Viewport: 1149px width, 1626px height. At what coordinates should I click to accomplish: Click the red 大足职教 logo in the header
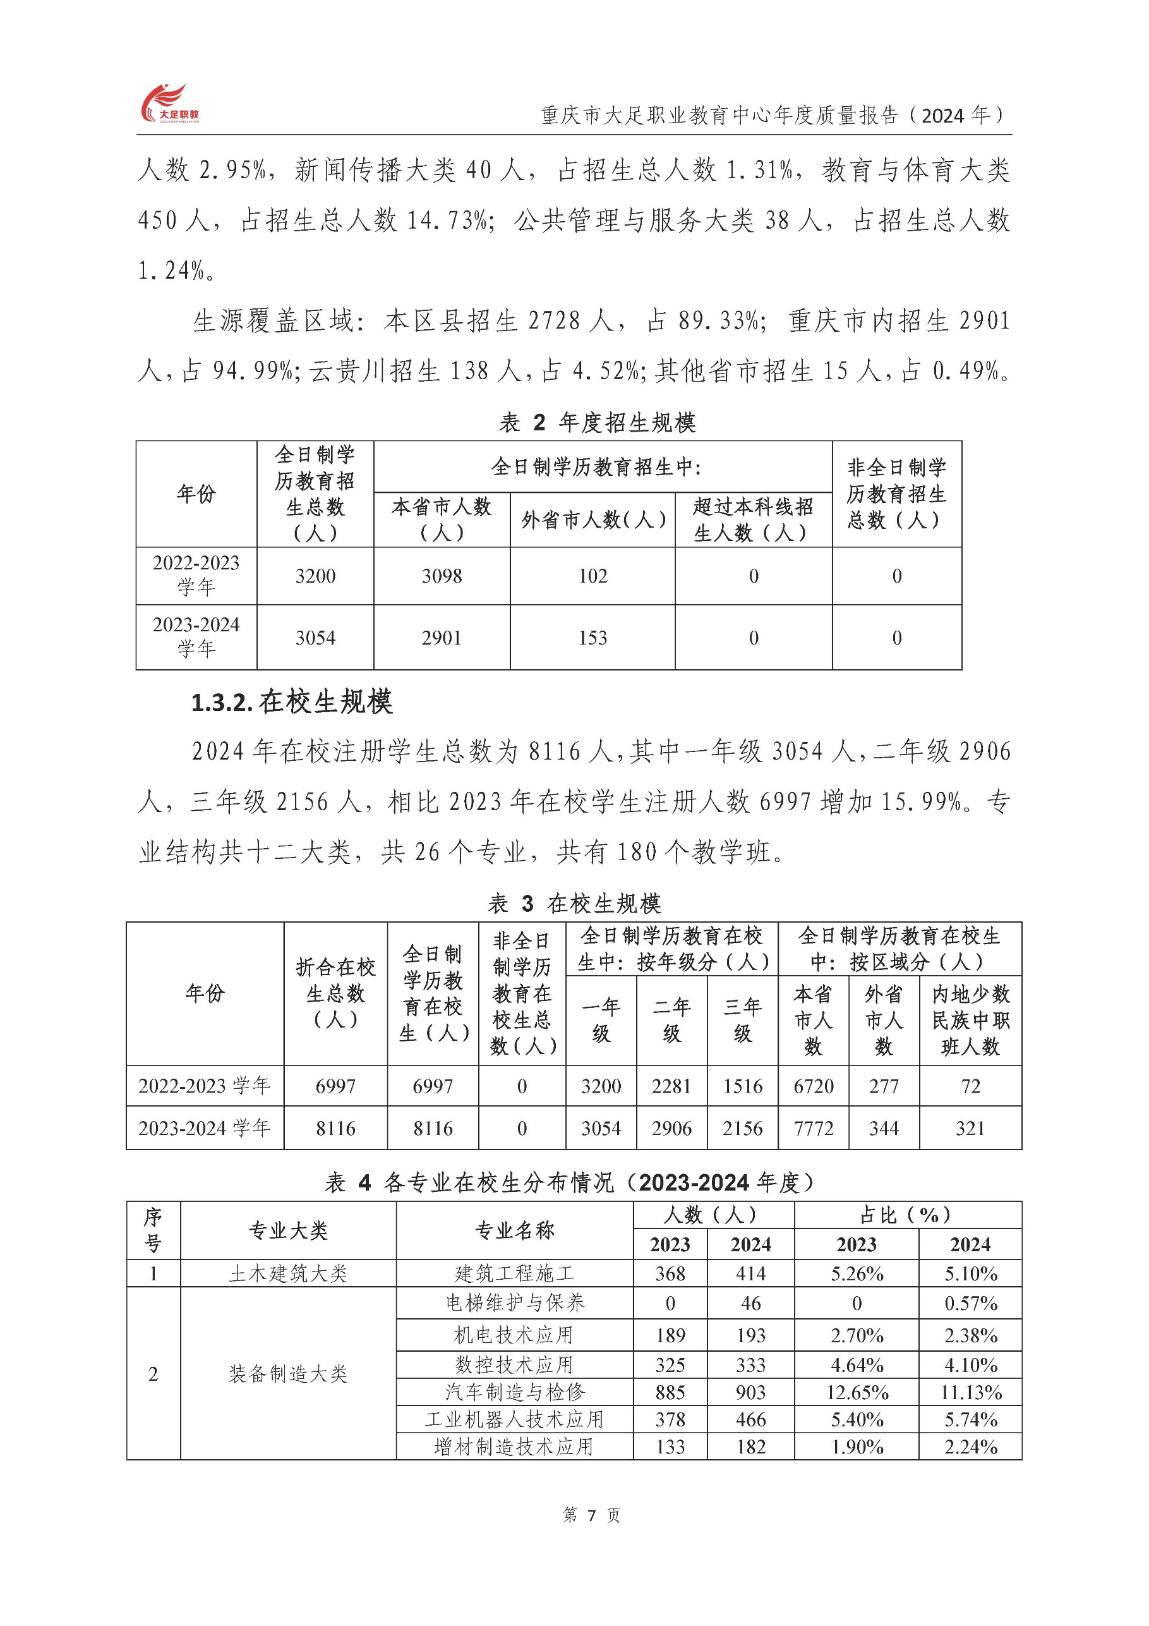coord(170,104)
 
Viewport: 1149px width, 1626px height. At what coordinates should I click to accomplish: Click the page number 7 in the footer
coord(591,1515)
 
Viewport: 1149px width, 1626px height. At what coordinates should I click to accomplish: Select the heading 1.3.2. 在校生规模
coord(291,702)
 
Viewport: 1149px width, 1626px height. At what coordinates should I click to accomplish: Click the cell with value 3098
coord(441,576)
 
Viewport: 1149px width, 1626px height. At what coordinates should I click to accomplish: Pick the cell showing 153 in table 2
coord(592,638)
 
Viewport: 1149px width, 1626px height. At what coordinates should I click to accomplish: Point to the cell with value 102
coord(592,576)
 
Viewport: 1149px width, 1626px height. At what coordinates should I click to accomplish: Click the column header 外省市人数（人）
coord(593,520)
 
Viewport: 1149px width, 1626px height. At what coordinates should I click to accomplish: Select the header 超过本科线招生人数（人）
coord(752,520)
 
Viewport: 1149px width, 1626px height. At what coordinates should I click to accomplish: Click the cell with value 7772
coord(813,1128)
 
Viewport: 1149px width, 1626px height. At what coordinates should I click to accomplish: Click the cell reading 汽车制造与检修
coord(515,1392)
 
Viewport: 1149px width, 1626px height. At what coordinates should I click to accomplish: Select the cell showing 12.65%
coord(857,1392)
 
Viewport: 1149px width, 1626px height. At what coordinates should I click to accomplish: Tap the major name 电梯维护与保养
coord(515,1303)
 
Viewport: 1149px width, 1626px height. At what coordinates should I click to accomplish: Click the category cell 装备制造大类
coord(287,1374)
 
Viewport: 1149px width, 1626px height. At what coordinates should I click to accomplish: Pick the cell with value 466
coord(750,1420)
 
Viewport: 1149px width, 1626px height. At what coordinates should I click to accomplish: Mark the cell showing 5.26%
coord(857,1274)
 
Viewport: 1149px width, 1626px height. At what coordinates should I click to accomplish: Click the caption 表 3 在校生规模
coord(574,904)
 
